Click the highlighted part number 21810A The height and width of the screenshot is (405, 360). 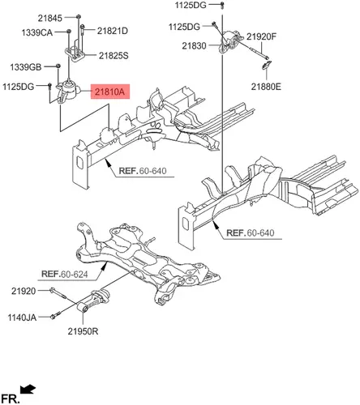coord(109,92)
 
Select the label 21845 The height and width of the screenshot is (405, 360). coord(50,18)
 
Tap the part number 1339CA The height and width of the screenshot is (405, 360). coord(37,32)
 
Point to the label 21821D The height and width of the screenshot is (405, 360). coord(113,31)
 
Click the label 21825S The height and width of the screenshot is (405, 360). coord(114,56)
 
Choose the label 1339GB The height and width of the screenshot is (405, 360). coord(26,66)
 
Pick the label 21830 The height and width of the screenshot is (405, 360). coord(194,46)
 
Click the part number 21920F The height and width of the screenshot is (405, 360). coord(261,36)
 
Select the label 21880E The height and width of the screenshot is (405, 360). coord(266,87)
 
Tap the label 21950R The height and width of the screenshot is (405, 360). coord(83,331)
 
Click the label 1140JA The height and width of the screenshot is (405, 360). coord(22,318)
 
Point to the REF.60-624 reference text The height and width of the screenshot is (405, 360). coord(65,274)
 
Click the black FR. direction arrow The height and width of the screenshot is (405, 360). coord(28,390)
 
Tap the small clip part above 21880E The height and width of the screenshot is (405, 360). coord(267,65)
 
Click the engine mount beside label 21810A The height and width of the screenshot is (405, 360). coord(68,92)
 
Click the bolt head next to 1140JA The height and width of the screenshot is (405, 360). coord(54,316)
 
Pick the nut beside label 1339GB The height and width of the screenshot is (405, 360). coord(58,66)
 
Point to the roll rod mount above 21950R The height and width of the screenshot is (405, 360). coord(93,301)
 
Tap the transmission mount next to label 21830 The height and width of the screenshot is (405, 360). coord(229,41)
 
